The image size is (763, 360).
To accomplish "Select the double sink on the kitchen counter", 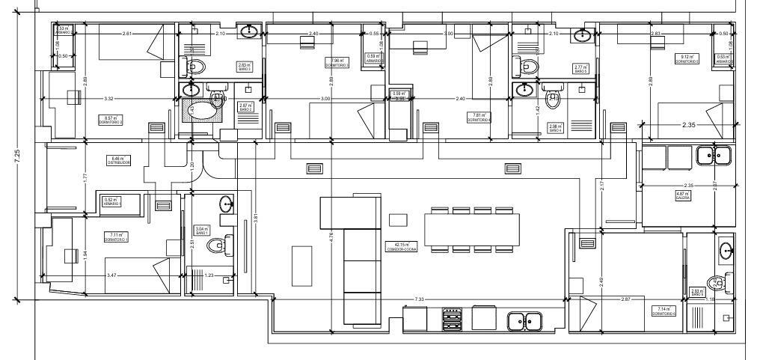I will click(525, 321).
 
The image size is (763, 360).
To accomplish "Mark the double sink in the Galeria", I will click(714, 156).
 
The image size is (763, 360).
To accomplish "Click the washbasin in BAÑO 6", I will click(726, 251).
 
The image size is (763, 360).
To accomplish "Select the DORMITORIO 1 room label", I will click(116, 237).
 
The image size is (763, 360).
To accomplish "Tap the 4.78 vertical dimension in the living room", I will click(331, 239).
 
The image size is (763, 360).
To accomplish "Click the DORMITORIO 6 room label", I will click(664, 311).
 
